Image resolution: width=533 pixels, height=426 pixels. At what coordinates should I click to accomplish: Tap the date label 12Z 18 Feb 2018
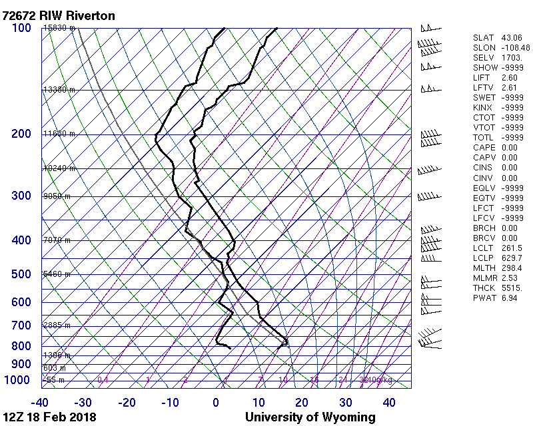[49, 417]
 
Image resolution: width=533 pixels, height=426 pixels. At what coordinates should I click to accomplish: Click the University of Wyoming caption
[310, 417]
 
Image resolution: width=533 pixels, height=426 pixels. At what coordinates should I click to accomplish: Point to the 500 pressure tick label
[21, 274]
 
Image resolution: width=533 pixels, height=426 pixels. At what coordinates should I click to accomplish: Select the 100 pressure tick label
[21, 28]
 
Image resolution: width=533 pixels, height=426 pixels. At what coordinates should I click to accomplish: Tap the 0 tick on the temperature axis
[216, 402]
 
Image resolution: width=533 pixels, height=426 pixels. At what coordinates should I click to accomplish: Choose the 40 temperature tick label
[390, 402]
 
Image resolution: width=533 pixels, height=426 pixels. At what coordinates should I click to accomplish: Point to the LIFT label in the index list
[481, 78]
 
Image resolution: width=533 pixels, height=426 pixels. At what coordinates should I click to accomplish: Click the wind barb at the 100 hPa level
[430, 29]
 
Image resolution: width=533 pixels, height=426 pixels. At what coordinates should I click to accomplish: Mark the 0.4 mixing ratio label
[103, 380]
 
